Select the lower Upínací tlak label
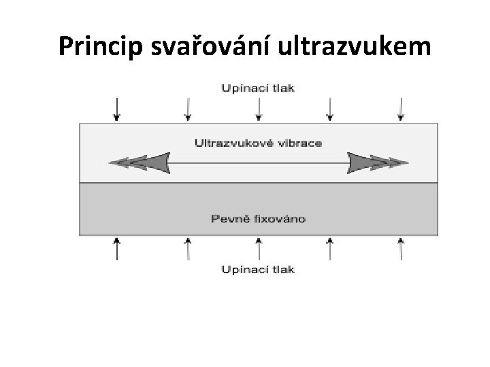coord(258,270)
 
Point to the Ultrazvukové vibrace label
coord(258,143)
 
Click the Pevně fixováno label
coord(258,218)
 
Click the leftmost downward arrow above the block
coord(117,109)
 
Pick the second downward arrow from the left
coord(187,109)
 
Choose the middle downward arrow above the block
coord(258,109)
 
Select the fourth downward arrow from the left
coord(330,109)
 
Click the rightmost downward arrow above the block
coord(401,109)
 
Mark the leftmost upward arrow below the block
coord(117,249)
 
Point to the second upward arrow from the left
coord(187,249)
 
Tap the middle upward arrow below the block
coord(258,249)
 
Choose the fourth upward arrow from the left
coord(330,249)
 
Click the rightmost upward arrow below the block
coord(401,249)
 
